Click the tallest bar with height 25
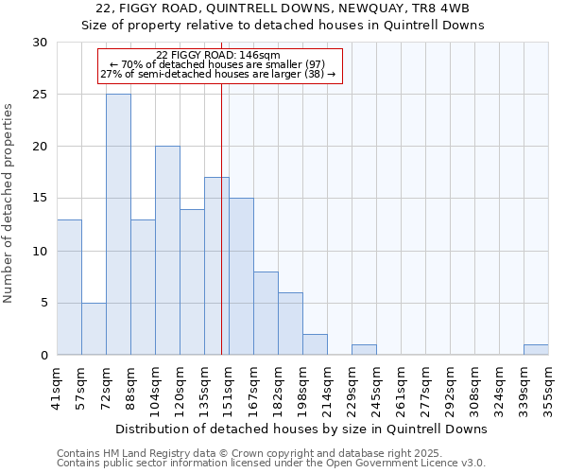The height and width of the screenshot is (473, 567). pyautogui.click(x=118, y=224)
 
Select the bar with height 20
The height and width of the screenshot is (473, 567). pyautogui.click(x=167, y=251)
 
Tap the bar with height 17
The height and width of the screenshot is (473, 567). pyautogui.click(x=216, y=266)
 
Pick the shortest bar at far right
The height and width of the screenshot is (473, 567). pyautogui.click(x=536, y=350)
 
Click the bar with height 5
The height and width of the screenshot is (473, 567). pyautogui.click(x=94, y=328)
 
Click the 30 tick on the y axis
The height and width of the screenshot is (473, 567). pyautogui.click(x=40, y=43)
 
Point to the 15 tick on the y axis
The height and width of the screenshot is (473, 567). pyautogui.click(x=40, y=199)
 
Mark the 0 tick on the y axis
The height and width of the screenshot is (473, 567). pyautogui.click(x=43, y=355)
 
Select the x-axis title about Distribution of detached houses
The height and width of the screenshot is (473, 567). pyautogui.click(x=302, y=429)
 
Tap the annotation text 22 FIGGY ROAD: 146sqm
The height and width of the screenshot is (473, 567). pyautogui.click(x=218, y=56)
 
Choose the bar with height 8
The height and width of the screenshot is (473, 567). pyautogui.click(x=266, y=313)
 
